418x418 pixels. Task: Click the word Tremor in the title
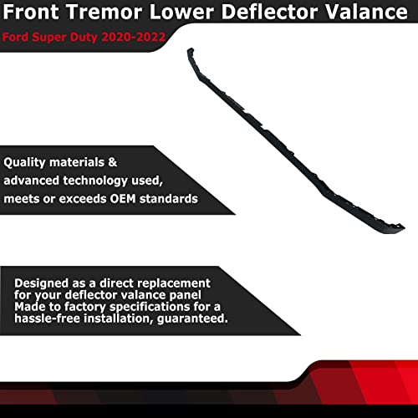(x=115, y=14)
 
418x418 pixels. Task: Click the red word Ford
(x=17, y=38)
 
